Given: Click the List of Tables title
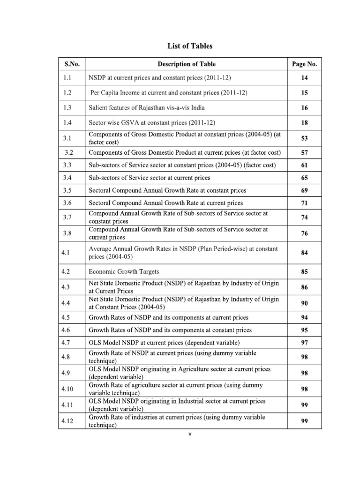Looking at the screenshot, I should tap(190, 46).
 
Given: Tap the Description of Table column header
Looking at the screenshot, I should tap(187, 64).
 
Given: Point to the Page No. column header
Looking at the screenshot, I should tap(304, 64).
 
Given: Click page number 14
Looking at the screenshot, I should tap(304, 78).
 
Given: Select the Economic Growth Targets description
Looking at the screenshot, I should tap(124, 271).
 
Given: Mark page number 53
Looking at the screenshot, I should tap(304, 138).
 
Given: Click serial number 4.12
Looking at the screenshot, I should tap(68, 420).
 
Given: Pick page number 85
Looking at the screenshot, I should tap(304, 271).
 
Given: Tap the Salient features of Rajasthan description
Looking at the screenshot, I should tap(146, 108).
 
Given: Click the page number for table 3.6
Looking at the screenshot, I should tap(304, 203).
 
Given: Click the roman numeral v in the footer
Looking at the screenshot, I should tap(190, 434).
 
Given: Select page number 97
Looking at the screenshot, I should tap(304, 343).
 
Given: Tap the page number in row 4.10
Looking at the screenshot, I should tap(304, 389).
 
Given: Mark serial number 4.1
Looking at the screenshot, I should tap(66, 253).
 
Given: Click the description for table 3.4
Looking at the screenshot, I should tap(149, 178).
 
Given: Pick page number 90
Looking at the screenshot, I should tap(304, 303).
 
